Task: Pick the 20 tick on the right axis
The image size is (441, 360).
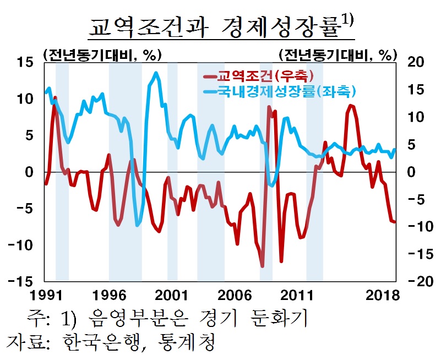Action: tap(416, 63)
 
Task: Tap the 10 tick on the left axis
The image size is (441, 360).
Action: tap(25, 99)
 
